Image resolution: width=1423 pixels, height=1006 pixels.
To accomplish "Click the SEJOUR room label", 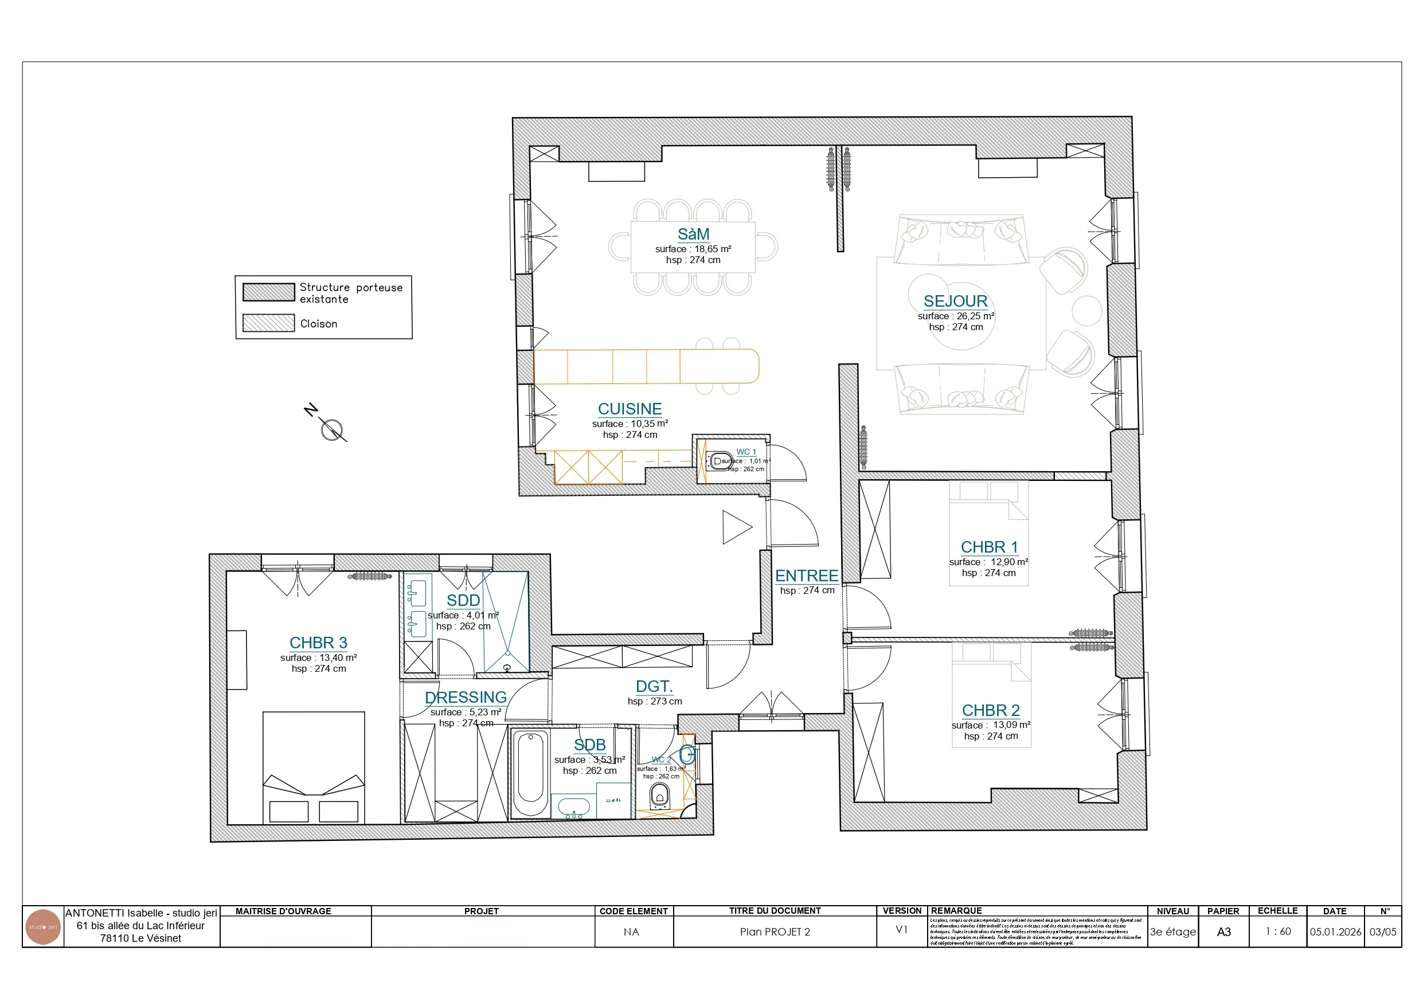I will click(955, 302).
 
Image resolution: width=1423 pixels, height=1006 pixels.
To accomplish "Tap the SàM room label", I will click(693, 234).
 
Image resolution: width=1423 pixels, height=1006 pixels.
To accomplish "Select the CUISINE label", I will click(630, 409).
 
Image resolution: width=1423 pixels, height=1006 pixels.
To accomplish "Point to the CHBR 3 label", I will click(318, 643).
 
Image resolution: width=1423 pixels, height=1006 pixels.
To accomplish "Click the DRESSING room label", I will click(466, 697).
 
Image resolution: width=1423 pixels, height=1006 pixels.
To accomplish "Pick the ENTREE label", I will click(806, 576).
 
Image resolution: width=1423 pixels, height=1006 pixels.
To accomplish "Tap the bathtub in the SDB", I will click(530, 775).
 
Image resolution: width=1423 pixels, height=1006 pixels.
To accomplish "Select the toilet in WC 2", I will click(659, 796).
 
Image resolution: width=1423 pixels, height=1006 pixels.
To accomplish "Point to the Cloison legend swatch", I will click(268, 323).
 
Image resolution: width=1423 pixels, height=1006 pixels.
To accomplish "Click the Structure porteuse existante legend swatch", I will click(268, 292).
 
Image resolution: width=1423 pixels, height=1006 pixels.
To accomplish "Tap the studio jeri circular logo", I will click(43, 927).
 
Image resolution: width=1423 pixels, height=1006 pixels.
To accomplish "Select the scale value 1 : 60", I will click(1278, 931).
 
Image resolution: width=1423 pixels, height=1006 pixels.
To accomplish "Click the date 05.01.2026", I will click(1335, 931).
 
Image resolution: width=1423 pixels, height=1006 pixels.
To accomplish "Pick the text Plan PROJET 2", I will click(775, 931).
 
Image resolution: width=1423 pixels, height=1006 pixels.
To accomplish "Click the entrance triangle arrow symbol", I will click(735, 527).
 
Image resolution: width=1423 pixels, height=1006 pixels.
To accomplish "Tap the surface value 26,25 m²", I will click(974, 316).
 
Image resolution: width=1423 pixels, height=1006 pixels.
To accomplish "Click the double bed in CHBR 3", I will click(314, 769).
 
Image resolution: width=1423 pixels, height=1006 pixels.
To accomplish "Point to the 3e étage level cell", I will click(1172, 931).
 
